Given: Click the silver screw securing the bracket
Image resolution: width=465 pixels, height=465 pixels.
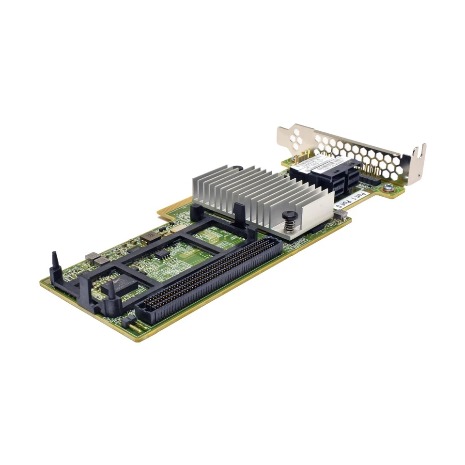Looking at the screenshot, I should pyautogui.click(x=388, y=187).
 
